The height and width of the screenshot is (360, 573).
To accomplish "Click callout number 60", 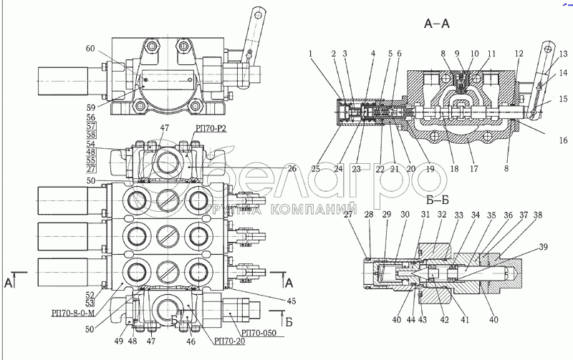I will click(x=90, y=49).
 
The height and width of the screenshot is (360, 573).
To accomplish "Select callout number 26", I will click(x=292, y=169).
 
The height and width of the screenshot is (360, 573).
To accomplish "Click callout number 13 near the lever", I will click(x=563, y=54).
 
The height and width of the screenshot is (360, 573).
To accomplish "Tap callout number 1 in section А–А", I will click(x=310, y=53).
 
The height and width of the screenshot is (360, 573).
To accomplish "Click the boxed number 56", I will click(x=90, y=117).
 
